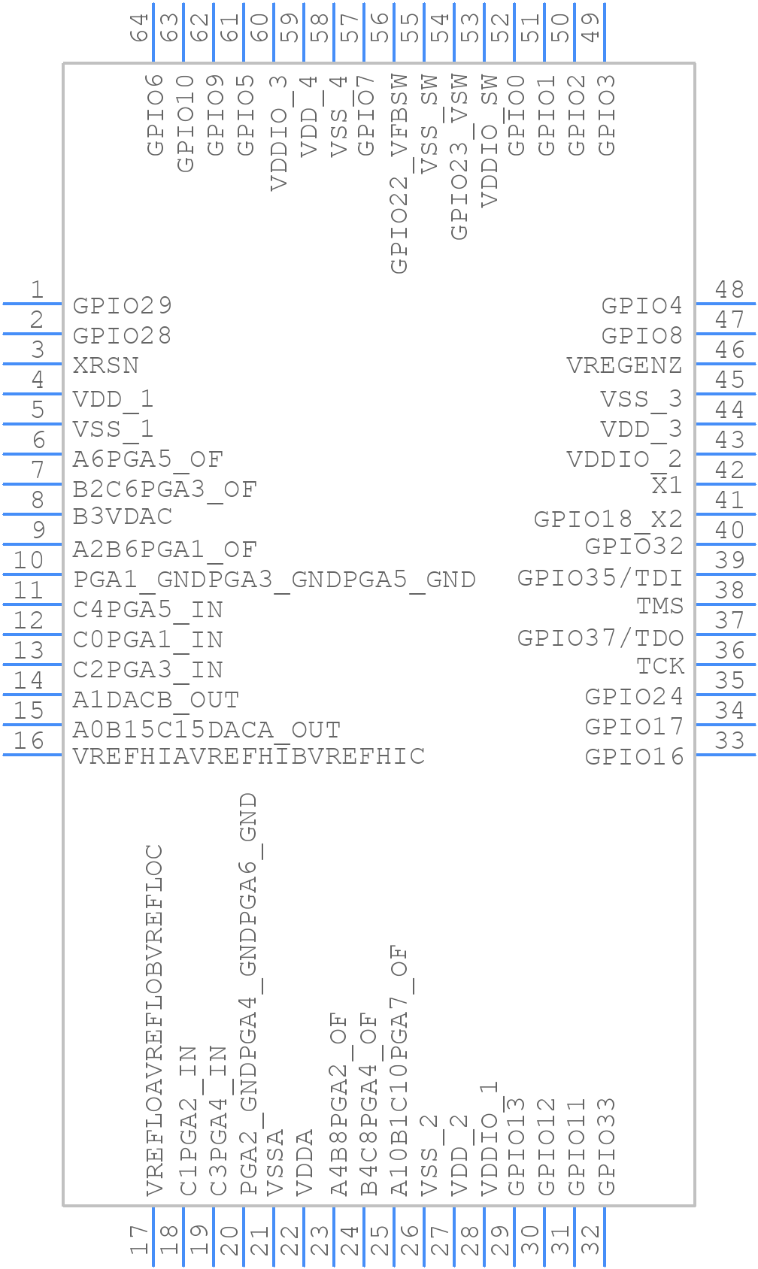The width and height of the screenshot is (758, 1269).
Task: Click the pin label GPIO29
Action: pyautogui.click(x=123, y=306)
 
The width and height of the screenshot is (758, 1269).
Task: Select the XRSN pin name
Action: pyautogui.click(x=106, y=365)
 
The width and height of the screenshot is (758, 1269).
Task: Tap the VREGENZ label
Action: pyautogui.click(x=624, y=365)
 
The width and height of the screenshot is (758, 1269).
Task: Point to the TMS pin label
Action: pyautogui.click(x=660, y=606)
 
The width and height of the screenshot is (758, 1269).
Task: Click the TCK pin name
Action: pyautogui.click(x=660, y=666)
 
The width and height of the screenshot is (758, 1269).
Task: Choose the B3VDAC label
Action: pyautogui.click(x=123, y=516)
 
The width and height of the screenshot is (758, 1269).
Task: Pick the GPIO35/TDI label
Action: pyautogui.click(x=600, y=578)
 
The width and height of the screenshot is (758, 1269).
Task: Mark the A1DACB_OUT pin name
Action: pyautogui.click(x=156, y=700)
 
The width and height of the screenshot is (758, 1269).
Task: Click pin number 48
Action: pyautogui.click(x=729, y=289)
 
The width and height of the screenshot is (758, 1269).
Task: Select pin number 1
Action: pyautogui.click(x=38, y=289)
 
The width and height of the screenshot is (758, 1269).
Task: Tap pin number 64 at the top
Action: pyautogui.click(x=139, y=27)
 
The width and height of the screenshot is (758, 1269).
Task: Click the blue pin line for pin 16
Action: pyautogui.click(x=32, y=755)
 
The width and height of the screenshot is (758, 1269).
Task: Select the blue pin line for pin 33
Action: pyautogui.click(x=726, y=755)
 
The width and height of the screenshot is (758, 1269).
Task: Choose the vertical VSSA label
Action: pyautogui.click(x=274, y=1162)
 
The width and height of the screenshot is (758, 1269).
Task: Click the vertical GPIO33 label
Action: pyautogui.click(x=606, y=1146)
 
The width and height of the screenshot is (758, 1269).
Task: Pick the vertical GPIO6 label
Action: pyautogui.click(x=155, y=115)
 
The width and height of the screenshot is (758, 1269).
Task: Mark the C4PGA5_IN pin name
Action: pyautogui.click(x=148, y=610)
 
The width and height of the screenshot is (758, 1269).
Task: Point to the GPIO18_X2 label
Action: pyautogui.click(x=608, y=519)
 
